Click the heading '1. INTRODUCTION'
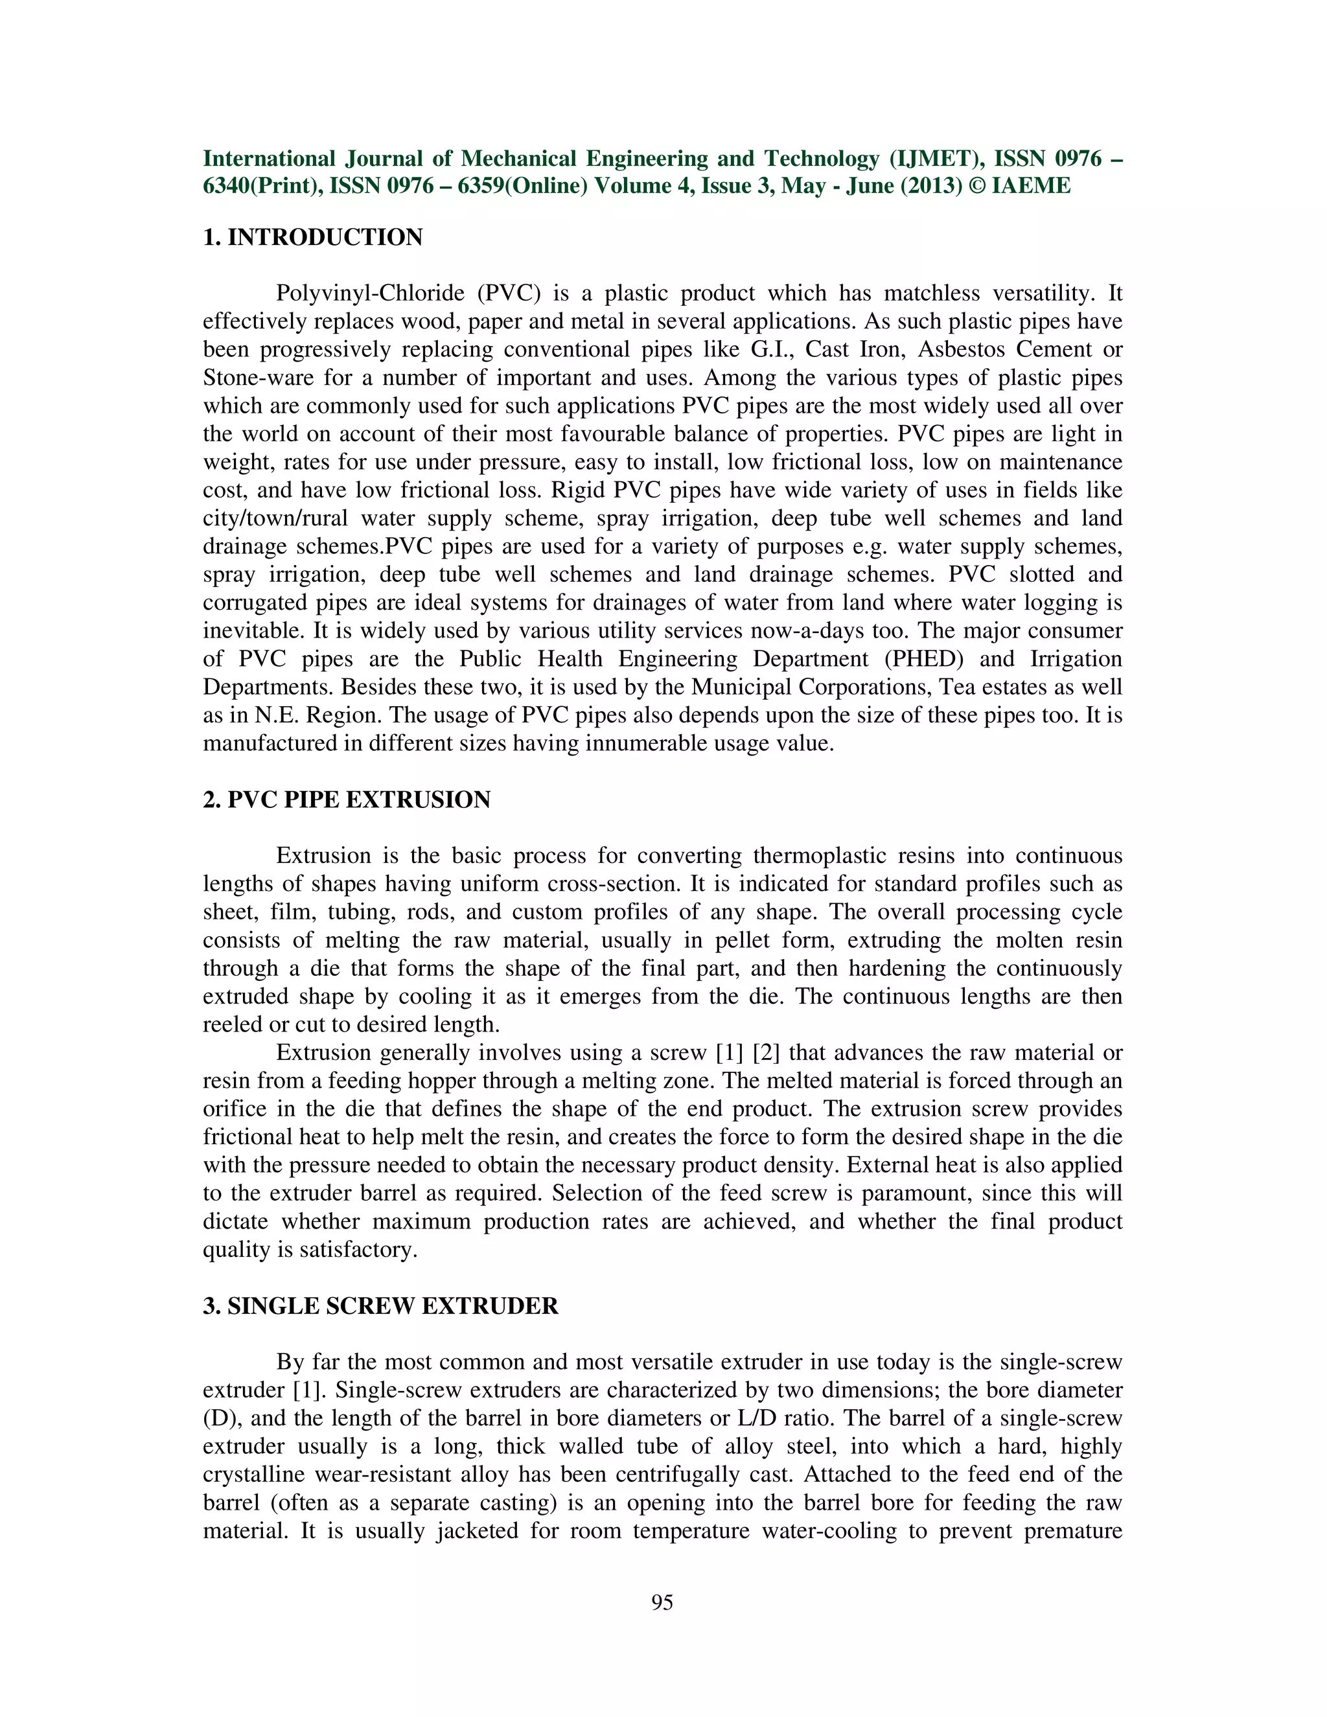click(313, 237)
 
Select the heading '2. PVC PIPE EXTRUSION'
click(347, 800)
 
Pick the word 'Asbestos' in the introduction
click(961, 350)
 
